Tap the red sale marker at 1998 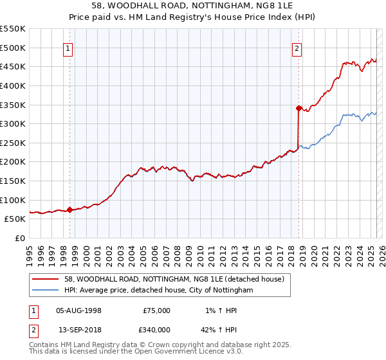coord(69,210)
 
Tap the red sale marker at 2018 coord(299,108)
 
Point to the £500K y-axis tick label coord(13,48)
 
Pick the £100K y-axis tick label coord(13,200)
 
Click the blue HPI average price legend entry coord(158,290)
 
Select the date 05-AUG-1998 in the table coord(79,310)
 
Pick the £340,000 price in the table coord(156,330)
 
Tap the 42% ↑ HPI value coord(223,330)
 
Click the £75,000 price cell coord(156,310)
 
